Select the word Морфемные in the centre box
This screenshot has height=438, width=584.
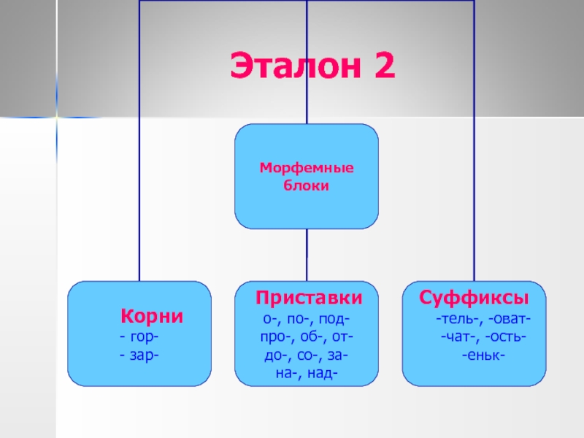[307, 169]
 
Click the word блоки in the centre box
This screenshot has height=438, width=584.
[307, 186]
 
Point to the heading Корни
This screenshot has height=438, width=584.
[151, 317]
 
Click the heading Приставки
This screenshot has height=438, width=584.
[308, 299]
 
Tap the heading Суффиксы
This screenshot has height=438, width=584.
[474, 299]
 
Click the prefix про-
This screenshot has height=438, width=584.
[274, 338]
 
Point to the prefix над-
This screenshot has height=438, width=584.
[323, 374]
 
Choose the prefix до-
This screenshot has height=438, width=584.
[274, 356]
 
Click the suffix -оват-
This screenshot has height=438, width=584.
[509, 320]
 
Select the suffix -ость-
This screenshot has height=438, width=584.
[507, 337]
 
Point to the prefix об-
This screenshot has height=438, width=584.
[307, 338]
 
